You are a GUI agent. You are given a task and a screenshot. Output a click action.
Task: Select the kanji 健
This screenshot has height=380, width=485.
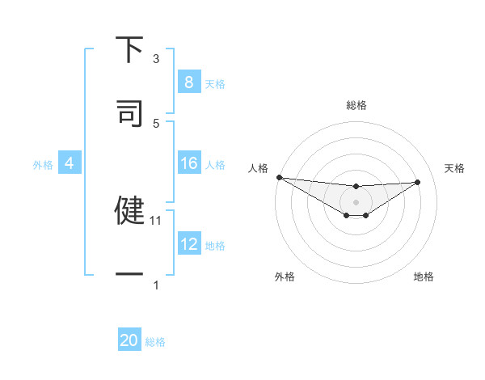(x=130, y=210)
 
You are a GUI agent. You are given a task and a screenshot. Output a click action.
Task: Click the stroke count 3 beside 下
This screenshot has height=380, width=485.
(x=156, y=58)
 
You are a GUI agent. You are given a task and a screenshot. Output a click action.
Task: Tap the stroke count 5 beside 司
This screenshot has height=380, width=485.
(x=156, y=123)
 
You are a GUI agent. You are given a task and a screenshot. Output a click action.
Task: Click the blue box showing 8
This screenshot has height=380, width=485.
(x=189, y=82)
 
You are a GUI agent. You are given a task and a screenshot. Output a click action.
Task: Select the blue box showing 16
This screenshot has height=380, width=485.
(x=189, y=164)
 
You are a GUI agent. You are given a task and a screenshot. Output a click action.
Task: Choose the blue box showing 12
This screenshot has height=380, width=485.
(x=189, y=244)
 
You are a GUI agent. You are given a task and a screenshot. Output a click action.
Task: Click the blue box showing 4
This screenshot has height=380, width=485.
(x=70, y=164)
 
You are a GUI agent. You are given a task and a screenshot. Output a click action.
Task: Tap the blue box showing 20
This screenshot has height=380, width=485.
(x=129, y=340)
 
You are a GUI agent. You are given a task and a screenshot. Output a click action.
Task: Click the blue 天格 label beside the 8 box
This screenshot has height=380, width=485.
(x=215, y=83)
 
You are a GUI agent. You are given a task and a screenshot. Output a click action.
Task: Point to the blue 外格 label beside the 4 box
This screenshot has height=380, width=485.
(x=43, y=165)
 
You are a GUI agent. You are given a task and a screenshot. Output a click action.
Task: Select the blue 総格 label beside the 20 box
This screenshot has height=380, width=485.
(x=155, y=342)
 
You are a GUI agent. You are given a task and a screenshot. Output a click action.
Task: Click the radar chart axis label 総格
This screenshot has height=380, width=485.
(x=356, y=105)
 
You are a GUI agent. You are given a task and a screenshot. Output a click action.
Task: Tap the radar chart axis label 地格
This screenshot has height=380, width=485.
(x=424, y=277)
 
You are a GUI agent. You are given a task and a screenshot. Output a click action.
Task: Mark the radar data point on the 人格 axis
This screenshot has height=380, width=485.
(x=279, y=177)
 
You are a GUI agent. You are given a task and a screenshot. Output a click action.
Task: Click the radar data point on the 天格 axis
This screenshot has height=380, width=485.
(x=418, y=182)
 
